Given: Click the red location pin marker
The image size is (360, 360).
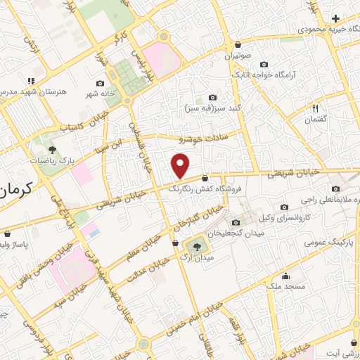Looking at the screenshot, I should click(181, 166).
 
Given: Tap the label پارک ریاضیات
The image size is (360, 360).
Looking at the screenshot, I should click(52, 160).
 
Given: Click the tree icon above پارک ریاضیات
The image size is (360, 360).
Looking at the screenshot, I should click(52, 148).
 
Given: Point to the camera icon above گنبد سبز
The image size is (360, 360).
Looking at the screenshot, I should click(213, 98).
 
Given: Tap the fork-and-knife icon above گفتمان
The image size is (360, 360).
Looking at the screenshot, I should click(316, 108).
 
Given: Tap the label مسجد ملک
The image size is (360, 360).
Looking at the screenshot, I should click(284, 287).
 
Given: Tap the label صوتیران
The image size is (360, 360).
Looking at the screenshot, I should click(238, 55).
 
